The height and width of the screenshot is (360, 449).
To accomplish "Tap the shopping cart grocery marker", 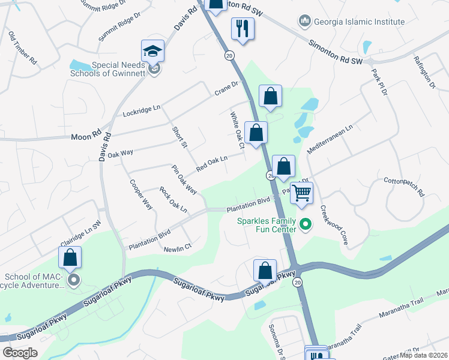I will pos(301,193).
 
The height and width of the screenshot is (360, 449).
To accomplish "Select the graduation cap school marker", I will pos(152,52).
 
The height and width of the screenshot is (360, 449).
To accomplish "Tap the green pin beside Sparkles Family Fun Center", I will pos(306,225).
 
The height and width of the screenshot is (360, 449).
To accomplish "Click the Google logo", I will pos(20,353).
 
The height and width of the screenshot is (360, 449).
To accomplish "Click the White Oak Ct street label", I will pos(237,130).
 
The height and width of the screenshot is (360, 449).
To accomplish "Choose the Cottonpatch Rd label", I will pos(404,187).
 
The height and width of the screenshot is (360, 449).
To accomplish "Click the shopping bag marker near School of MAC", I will pos(70,257).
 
